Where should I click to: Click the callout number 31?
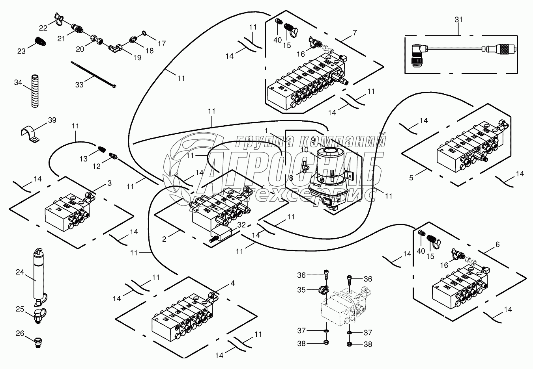(458, 19)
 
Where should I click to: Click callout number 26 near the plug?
(20, 334)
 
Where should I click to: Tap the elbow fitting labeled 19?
(116, 48)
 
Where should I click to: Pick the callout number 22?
(43, 28)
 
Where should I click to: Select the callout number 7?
(355, 33)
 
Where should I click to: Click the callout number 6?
(497, 245)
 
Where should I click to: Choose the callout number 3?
(109, 183)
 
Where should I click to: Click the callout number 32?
(242, 225)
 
